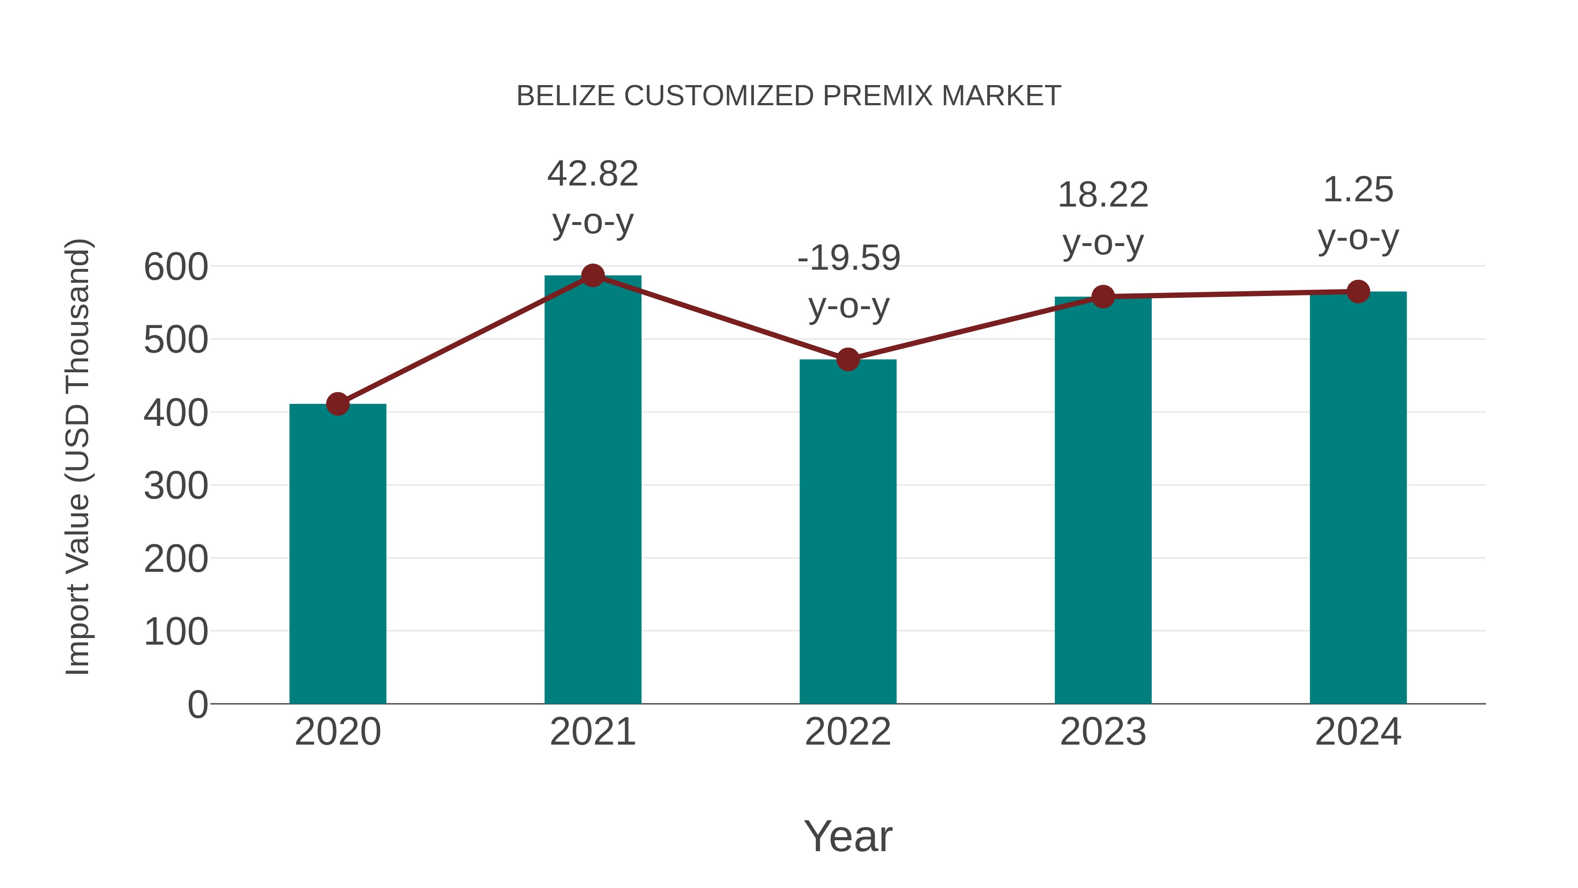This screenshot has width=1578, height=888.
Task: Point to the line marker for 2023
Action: [1103, 296]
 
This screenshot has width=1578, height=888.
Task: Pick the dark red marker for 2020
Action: [338, 404]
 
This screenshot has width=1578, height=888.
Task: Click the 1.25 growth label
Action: [1358, 189]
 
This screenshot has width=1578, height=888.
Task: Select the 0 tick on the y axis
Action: [197, 704]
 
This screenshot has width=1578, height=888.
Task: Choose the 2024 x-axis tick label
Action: [1358, 732]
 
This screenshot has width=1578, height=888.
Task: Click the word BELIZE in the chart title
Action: [565, 96]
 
